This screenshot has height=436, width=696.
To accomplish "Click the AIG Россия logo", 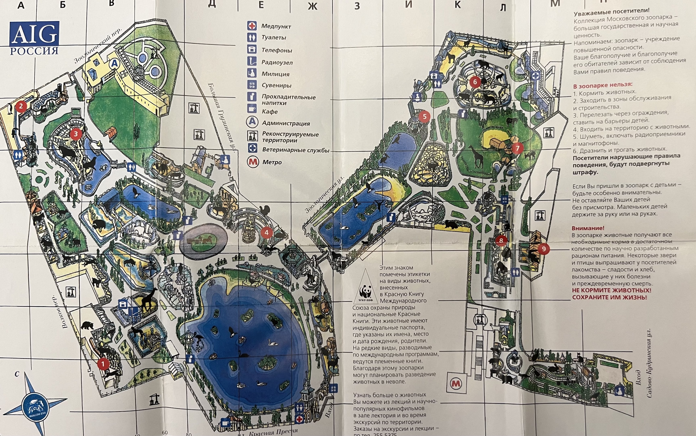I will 34,38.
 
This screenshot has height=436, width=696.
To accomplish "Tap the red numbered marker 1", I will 103,364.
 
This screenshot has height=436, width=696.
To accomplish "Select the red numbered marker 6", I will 475,82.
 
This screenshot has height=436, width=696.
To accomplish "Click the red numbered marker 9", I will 543,248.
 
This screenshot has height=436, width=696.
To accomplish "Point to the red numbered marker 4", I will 266,232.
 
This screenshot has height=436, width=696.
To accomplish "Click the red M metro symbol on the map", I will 456,384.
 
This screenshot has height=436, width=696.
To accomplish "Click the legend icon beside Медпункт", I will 252,26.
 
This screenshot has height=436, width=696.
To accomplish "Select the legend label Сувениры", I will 276,85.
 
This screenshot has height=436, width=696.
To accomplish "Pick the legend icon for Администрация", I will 252,122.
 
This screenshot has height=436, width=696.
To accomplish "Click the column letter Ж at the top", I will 312,6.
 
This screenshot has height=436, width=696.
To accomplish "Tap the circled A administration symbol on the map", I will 114,63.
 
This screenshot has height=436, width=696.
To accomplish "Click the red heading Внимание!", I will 588,228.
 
